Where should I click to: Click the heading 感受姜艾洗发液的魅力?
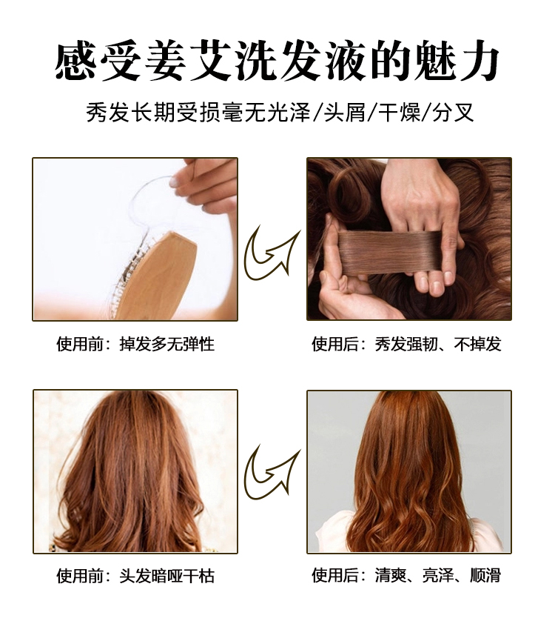pyautogui.click(x=277, y=61)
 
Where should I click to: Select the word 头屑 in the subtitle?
pyautogui.click(x=346, y=114)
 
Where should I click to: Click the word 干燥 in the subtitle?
pyautogui.click(x=399, y=114)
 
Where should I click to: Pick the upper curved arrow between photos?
pyautogui.click(x=272, y=254)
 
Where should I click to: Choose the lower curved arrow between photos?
pyautogui.click(x=272, y=473)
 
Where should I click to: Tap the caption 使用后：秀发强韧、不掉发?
pyautogui.click(x=406, y=345)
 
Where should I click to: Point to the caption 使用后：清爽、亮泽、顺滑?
pyautogui.click(x=406, y=576)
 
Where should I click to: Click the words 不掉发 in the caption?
pyautogui.click(x=477, y=345)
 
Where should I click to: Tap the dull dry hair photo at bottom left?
pyautogui.click(x=135, y=471)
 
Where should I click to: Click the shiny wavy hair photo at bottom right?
pyautogui.click(x=409, y=471)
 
